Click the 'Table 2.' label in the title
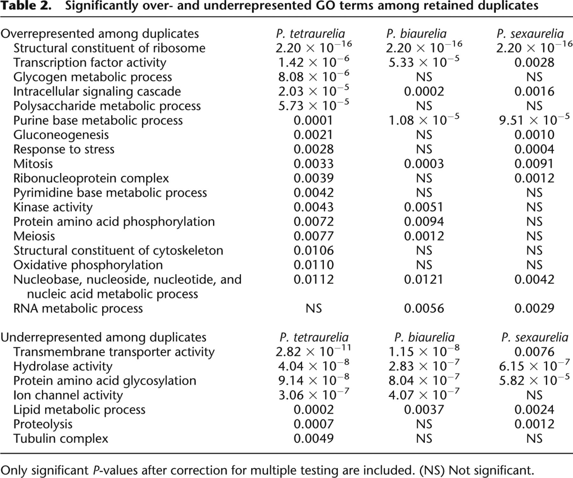pyautogui.click(x=26, y=6)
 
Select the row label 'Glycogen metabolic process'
pyautogui.click(x=92, y=77)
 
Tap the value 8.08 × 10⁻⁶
pyautogui.click(x=314, y=76)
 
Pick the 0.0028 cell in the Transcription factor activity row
pyautogui.click(x=534, y=62)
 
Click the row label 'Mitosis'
pyautogui.click(x=33, y=164)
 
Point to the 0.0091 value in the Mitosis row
pyautogui.click(x=534, y=164)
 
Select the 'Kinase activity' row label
pyautogui.click(x=53, y=207)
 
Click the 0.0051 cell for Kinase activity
pyautogui.click(x=424, y=207)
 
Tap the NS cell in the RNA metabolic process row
pyautogui.click(x=314, y=308)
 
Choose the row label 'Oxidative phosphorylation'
pyautogui.click(x=88, y=265)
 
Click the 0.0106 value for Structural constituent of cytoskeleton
pyautogui.click(x=314, y=251)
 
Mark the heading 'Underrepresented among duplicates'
pyautogui.click(x=103, y=337)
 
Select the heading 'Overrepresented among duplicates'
pyautogui.click(x=100, y=34)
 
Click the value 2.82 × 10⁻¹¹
pyautogui.click(x=314, y=351)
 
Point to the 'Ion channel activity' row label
pyautogui.click(x=68, y=395)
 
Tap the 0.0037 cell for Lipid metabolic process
pyautogui.click(x=424, y=410)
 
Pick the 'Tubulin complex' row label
pyautogui.click(x=60, y=439)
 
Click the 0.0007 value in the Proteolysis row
pyautogui.click(x=314, y=424)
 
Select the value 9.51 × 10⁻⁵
pyautogui.click(x=534, y=120)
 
